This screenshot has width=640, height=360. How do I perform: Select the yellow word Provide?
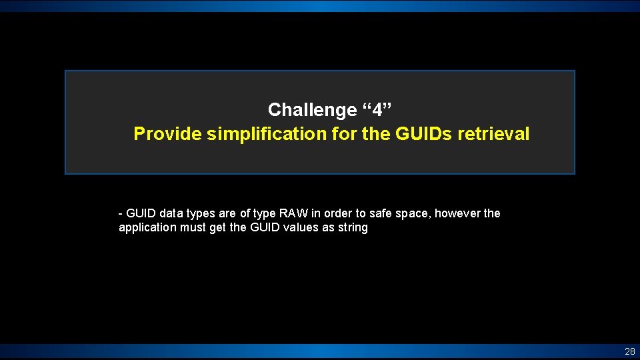[168, 134]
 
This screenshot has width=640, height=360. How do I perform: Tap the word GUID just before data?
[140, 213]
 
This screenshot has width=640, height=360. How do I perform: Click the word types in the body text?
[200, 213]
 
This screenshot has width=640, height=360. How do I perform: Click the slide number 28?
[629, 351]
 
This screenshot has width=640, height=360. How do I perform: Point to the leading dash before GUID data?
[120, 213]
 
